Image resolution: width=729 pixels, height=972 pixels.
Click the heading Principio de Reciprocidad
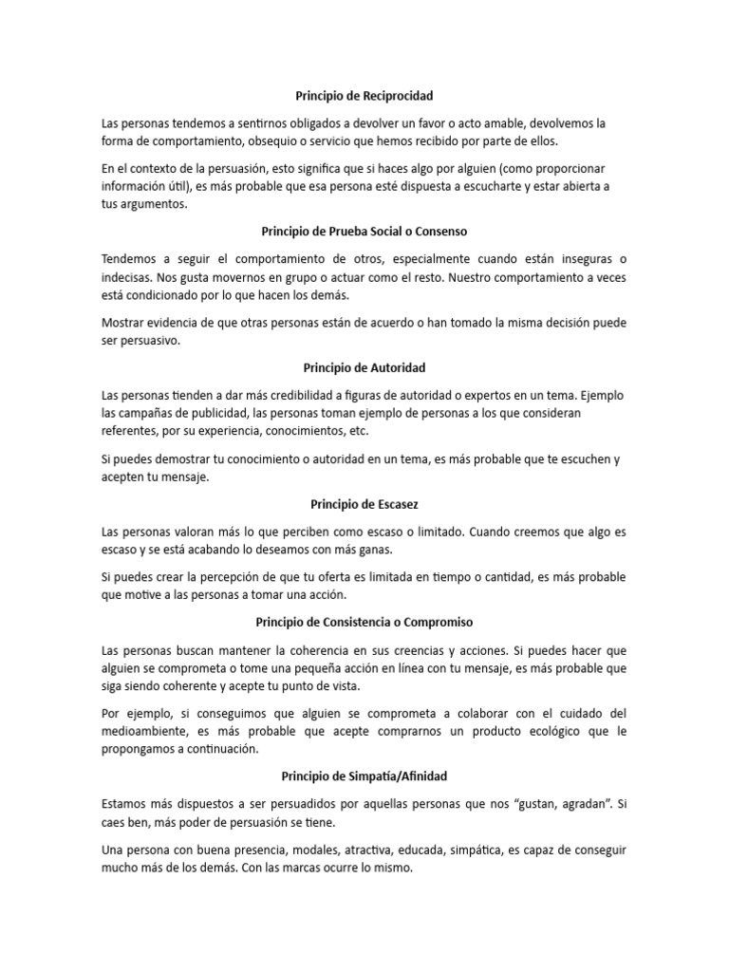pyautogui.click(x=364, y=96)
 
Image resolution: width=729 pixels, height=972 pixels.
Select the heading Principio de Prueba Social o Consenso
pyautogui.click(x=364, y=231)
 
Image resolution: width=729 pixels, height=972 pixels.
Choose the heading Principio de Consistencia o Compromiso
pyautogui.click(x=364, y=622)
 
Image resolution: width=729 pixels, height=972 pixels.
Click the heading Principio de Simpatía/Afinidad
pyautogui.click(x=364, y=776)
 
